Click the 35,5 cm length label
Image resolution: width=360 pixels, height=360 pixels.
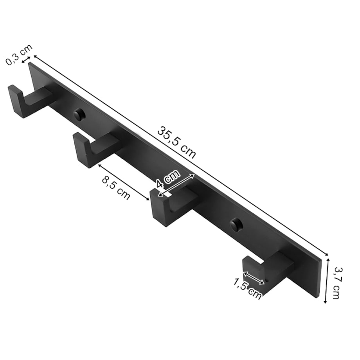tap(176, 142)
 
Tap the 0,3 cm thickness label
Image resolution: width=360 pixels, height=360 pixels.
tap(19, 55)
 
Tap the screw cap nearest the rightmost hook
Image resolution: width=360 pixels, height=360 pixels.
tap(236, 224)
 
